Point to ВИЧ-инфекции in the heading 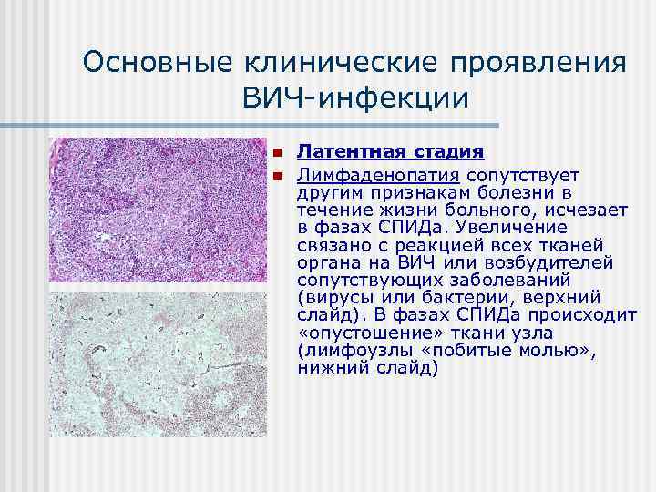354,97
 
